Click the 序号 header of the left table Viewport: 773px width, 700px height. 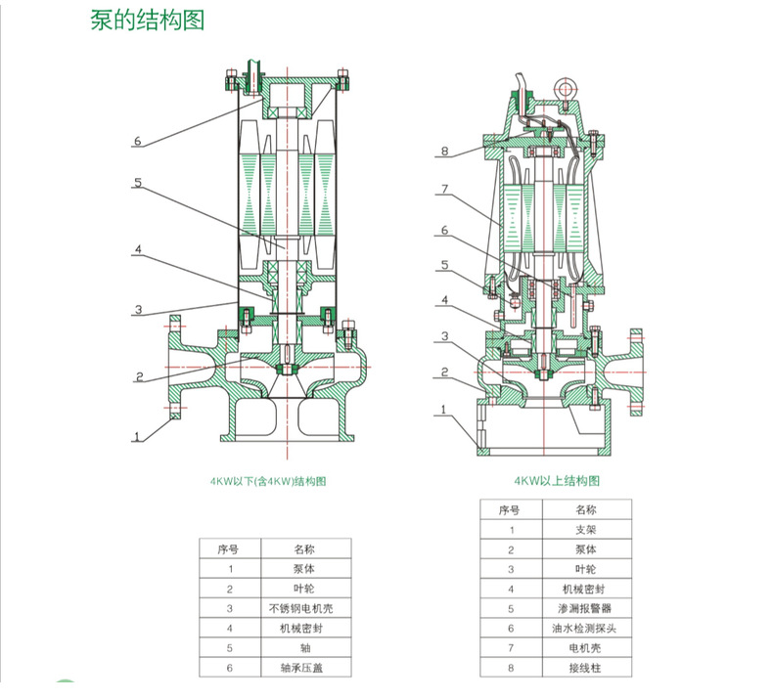[230, 548]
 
